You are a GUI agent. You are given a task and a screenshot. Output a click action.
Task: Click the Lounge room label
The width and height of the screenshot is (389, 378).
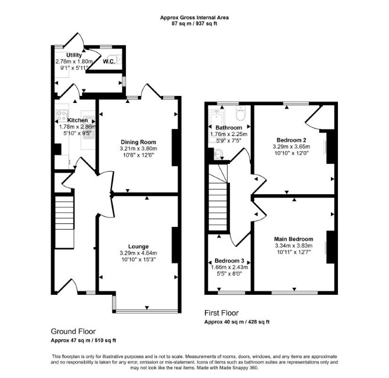click(138, 247)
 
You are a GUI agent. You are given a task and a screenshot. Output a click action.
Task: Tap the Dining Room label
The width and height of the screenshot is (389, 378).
click(138, 142)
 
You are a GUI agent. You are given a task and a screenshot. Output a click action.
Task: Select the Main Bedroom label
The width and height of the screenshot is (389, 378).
click(294, 239)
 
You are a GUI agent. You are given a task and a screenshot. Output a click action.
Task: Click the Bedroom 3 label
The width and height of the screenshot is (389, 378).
click(229, 261)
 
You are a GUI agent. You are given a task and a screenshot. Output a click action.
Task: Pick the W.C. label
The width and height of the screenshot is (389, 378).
click(109, 62)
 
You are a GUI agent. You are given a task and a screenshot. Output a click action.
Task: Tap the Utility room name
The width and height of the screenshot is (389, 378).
click(74, 55)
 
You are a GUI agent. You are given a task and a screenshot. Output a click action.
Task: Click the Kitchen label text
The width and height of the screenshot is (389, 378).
click(78, 120)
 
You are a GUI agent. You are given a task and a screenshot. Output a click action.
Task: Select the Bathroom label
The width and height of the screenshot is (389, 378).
click(229, 127)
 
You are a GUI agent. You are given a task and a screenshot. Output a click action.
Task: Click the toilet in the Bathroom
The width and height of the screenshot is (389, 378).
click(240, 113)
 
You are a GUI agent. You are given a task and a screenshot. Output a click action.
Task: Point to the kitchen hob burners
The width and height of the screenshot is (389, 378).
click(62, 116)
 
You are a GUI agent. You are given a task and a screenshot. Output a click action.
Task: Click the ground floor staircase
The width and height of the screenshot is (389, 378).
click(64, 222)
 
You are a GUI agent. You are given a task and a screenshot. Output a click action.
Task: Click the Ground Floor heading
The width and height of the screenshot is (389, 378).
click(73, 331)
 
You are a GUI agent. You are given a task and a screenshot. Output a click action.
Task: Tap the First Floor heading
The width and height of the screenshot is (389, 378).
click(221, 313)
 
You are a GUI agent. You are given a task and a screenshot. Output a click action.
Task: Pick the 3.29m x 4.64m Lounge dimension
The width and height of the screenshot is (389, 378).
click(138, 253)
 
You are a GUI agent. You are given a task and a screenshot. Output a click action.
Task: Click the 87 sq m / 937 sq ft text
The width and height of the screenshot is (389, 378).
click(195, 24)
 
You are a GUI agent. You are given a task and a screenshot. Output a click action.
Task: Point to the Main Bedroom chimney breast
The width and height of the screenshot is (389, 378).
click(330, 247)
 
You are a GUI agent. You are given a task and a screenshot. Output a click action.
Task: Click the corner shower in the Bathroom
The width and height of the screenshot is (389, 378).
click(218, 154)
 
